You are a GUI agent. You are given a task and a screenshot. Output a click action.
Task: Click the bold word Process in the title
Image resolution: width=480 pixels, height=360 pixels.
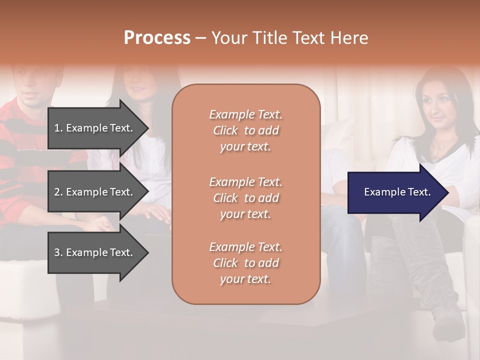(157, 38)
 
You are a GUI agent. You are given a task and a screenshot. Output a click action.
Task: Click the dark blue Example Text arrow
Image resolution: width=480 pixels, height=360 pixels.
(397, 192)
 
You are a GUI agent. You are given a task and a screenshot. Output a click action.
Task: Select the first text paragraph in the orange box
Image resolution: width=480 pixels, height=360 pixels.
(245, 130)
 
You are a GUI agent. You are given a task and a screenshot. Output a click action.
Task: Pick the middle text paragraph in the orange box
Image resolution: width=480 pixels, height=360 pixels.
(245, 198)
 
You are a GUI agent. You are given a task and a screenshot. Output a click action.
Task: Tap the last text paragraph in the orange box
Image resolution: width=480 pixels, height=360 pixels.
(245, 263)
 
